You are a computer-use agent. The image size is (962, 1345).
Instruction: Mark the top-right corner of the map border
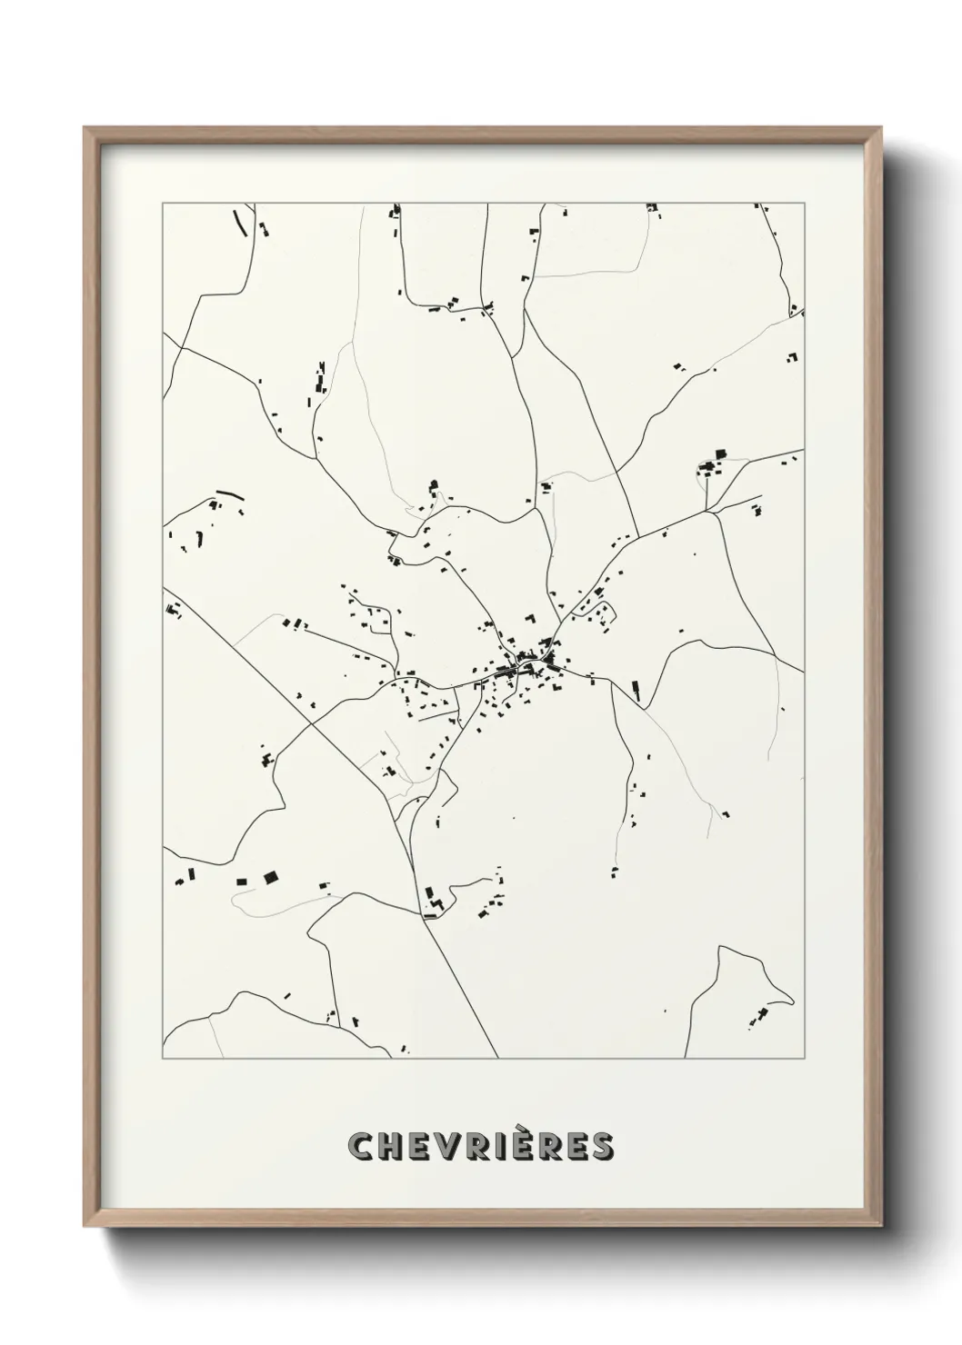pyautogui.click(x=804, y=204)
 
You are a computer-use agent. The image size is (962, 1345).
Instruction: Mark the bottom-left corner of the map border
pyautogui.click(x=163, y=1058)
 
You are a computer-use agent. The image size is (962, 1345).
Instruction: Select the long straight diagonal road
pyautogui.click(x=364, y=791)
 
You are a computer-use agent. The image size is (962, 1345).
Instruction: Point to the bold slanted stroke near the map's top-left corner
pyautogui.click(x=241, y=223)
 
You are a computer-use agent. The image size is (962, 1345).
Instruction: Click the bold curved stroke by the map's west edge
pyautogui.click(x=229, y=494)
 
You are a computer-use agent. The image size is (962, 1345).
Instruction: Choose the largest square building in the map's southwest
pyautogui.click(x=269, y=877)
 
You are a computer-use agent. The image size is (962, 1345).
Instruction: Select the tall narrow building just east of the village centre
pyautogui.click(x=636, y=692)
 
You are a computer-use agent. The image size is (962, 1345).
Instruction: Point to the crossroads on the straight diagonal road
pyautogui.click(x=311, y=723)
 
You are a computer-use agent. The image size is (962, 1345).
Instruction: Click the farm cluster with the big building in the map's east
pyautogui.click(x=714, y=463)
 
